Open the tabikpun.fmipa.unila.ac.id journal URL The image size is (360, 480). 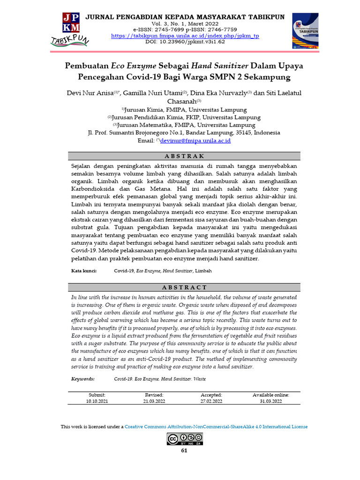185,36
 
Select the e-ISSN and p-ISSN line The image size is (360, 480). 185,30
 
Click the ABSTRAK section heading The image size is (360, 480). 185,157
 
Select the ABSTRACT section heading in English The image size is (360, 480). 185,287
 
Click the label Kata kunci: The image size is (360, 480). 84,271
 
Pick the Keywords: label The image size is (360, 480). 83,379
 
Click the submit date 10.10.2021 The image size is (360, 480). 97,401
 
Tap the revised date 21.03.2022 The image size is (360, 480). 154,401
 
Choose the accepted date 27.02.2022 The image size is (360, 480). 211,401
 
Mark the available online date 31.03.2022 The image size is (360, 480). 270,401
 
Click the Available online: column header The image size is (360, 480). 270,395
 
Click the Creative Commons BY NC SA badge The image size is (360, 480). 185,439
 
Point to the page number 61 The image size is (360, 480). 184,451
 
